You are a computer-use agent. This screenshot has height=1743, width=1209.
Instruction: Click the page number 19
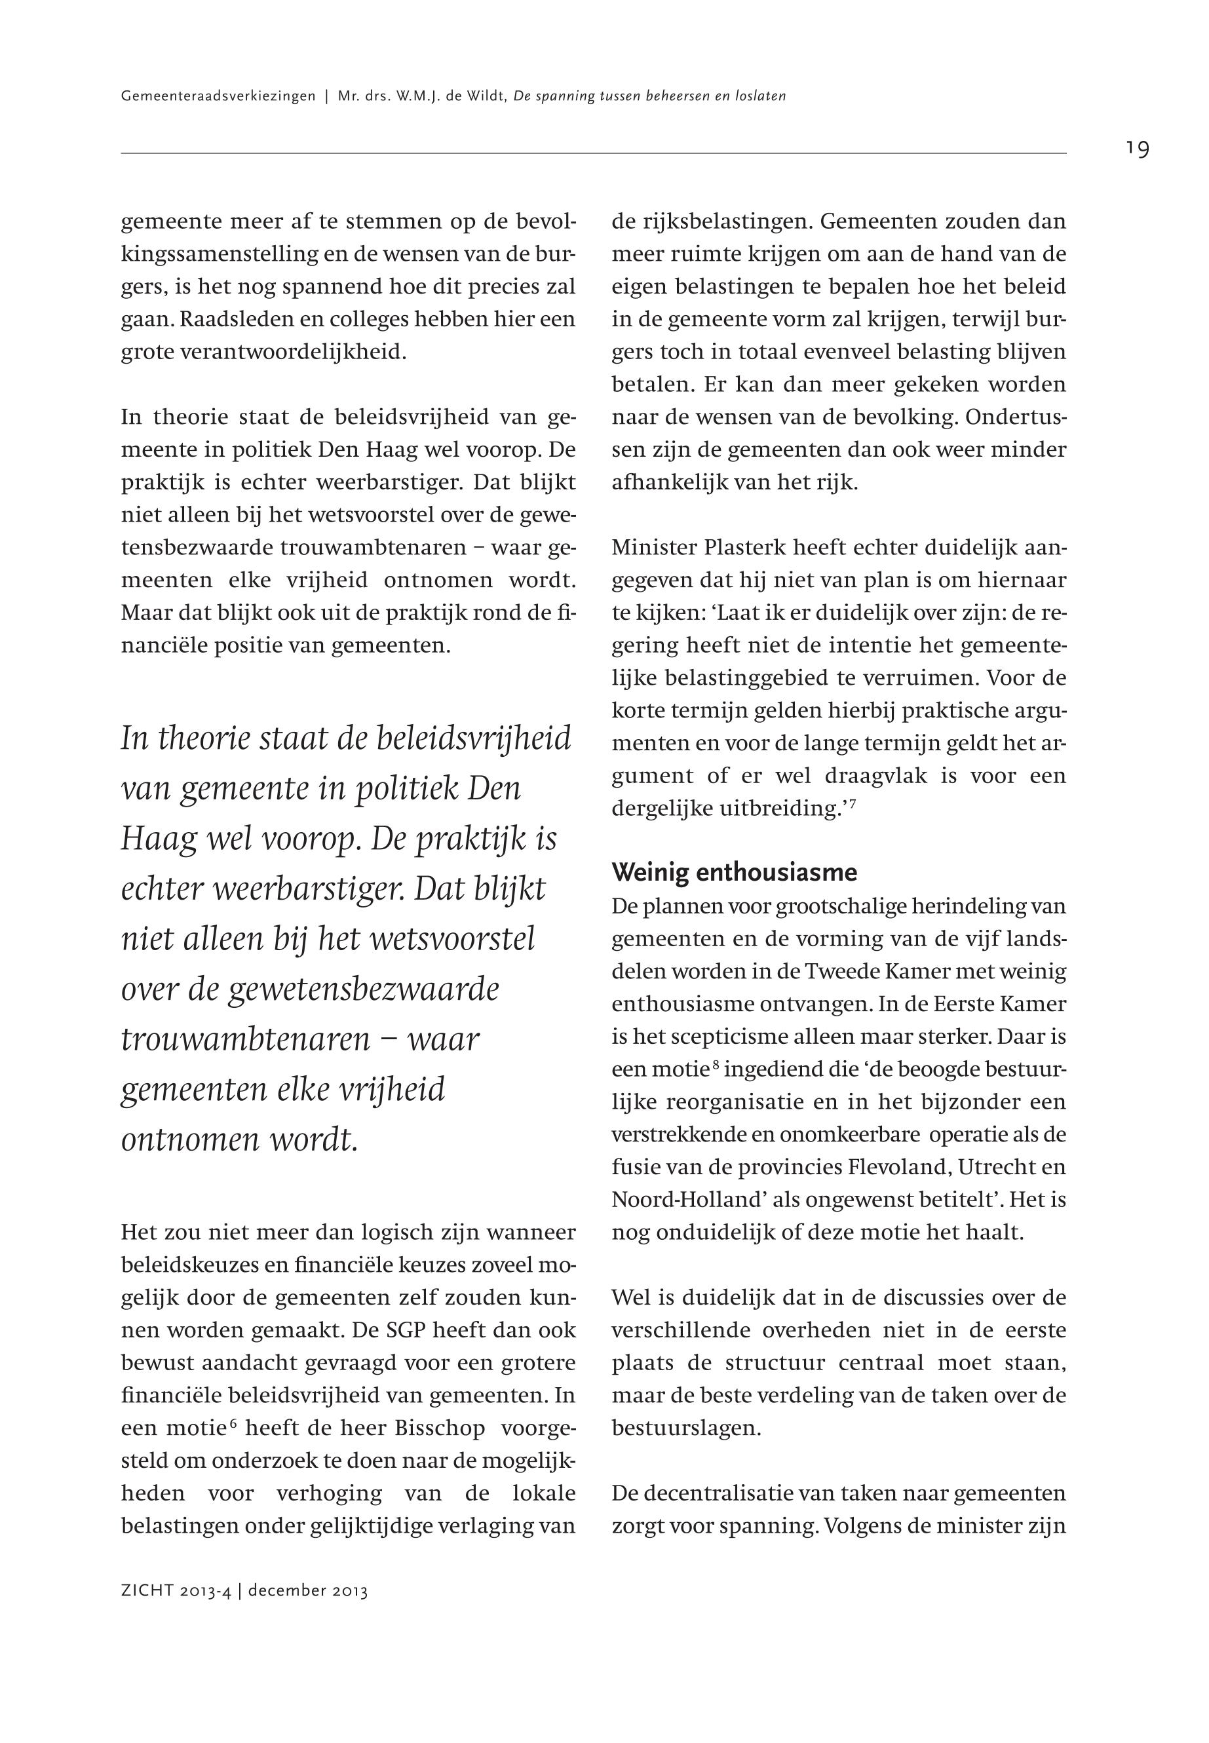(x=1137, y=149)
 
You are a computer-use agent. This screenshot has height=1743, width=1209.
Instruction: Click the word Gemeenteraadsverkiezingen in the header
(x=218, y=97)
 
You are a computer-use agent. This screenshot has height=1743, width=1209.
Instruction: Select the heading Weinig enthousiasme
(x=734, y=873)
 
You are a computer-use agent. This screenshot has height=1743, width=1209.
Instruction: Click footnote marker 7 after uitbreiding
(x=853, y=802)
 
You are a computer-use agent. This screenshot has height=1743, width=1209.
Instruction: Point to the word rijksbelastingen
(x=713, y=222)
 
